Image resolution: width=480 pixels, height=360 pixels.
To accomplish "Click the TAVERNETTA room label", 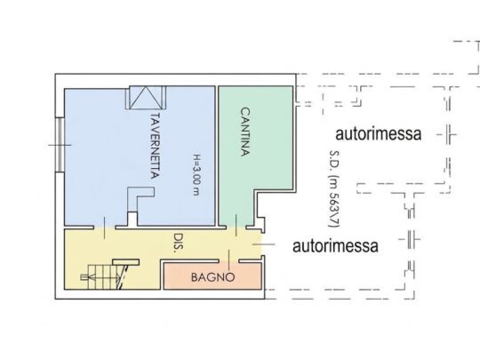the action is (x=156, y=146).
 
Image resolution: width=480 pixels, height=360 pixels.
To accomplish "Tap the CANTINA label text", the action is (x=244, y=132).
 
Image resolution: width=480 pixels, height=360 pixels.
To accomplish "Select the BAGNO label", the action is (x=212, y=277).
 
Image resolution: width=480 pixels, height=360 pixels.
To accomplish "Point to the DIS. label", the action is (x=177, y=243).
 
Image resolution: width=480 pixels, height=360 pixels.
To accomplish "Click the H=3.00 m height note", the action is (x=196, y=174).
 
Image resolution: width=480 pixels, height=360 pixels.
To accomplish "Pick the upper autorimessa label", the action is (x=379, y=133).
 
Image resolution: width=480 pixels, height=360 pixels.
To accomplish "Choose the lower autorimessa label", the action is (x=335, y=246).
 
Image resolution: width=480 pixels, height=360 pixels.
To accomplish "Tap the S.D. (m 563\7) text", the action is (x=334, y=188).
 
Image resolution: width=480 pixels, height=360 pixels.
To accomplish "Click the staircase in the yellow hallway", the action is (x=105, y=277).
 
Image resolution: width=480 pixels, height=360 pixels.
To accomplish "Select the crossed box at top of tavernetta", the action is (x=146, y=98).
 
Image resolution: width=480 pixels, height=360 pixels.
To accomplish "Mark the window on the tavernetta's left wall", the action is (x=60, y=145).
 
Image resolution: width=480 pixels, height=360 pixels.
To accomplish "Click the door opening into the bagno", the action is (x=229, y=260).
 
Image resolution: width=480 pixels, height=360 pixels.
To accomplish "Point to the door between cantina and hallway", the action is (x=236, y=227).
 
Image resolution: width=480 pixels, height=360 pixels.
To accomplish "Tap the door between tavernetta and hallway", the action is (x=104, y=228).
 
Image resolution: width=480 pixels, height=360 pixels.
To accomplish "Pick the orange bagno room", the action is (x=212, y=276).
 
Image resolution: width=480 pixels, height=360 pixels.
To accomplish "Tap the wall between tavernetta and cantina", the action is (x=217, y=156).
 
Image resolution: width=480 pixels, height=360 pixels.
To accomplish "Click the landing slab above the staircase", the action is (x=126, y=262).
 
